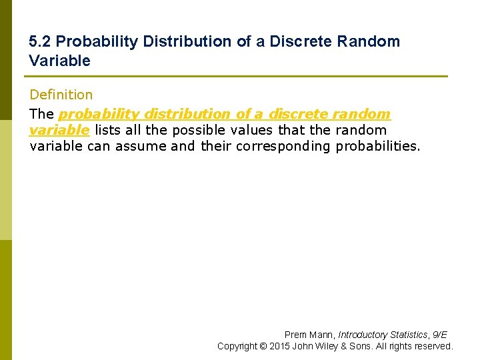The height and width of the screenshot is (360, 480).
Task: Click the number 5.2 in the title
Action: coord(39,41)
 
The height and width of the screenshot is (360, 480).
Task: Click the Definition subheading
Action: coord(61,95)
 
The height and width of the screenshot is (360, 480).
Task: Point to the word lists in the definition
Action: coord(107,130)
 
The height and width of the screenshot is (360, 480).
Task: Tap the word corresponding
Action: coord(283,146)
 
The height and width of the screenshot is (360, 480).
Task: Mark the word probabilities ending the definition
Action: coord(378,146)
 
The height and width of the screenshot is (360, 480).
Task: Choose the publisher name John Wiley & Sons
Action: coord(331,346)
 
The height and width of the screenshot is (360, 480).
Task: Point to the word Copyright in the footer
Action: coord(237,346)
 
